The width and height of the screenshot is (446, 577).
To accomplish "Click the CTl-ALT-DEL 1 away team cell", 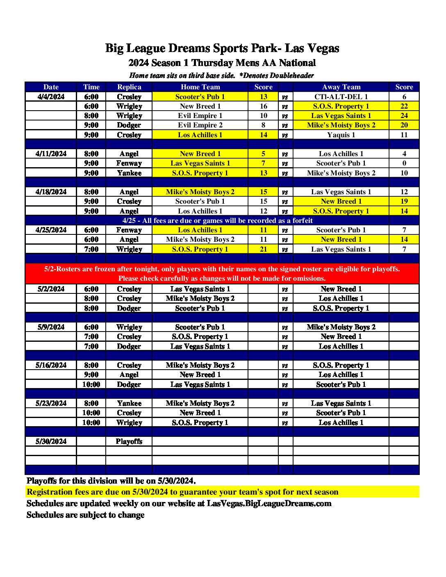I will (x=341, y=97).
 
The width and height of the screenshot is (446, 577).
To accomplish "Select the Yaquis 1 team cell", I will (x=341, y=135).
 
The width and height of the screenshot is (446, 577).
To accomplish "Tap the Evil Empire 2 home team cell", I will (x=200, y=125).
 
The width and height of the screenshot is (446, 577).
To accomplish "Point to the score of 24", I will (x=404, y=116).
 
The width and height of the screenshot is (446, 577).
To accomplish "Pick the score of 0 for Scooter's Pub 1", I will (x=404, y=163).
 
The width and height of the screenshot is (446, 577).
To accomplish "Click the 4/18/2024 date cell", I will (x=51, y=192).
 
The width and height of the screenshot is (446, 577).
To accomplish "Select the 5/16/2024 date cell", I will (x=51, y=365).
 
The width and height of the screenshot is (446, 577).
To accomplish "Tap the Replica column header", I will (x=129, y=87).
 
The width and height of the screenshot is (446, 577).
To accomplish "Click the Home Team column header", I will (x=200, y=87).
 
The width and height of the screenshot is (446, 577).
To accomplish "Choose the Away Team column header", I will (x=341, y=87).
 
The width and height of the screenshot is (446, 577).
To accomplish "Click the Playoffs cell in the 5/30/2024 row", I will (x=129, y=441).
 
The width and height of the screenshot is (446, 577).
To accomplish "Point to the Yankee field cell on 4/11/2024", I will (x=129, y=173).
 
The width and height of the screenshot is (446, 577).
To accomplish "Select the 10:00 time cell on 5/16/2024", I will (x=91, y=384).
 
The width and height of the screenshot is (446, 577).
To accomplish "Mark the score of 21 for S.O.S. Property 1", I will (x=263, y=249).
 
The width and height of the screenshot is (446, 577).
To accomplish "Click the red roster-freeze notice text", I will (x=222, y=273).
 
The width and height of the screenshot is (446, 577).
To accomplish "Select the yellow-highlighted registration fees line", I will (x=182, y=492).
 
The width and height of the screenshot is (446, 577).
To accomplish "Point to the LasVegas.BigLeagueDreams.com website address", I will (x=269, y=503).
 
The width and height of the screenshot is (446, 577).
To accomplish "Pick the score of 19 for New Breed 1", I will (x=404, y=201).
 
